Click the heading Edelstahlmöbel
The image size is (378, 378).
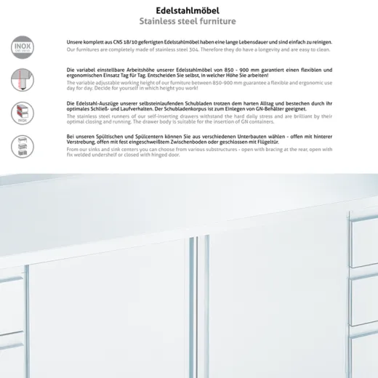(188, 10)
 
